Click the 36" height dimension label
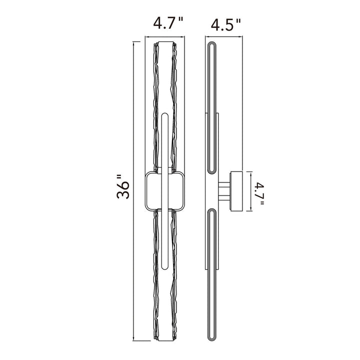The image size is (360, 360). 123,186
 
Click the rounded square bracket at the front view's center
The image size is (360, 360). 145,190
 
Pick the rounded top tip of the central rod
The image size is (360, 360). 165,113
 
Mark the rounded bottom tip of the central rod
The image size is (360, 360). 165,268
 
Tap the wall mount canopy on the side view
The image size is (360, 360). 236,191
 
